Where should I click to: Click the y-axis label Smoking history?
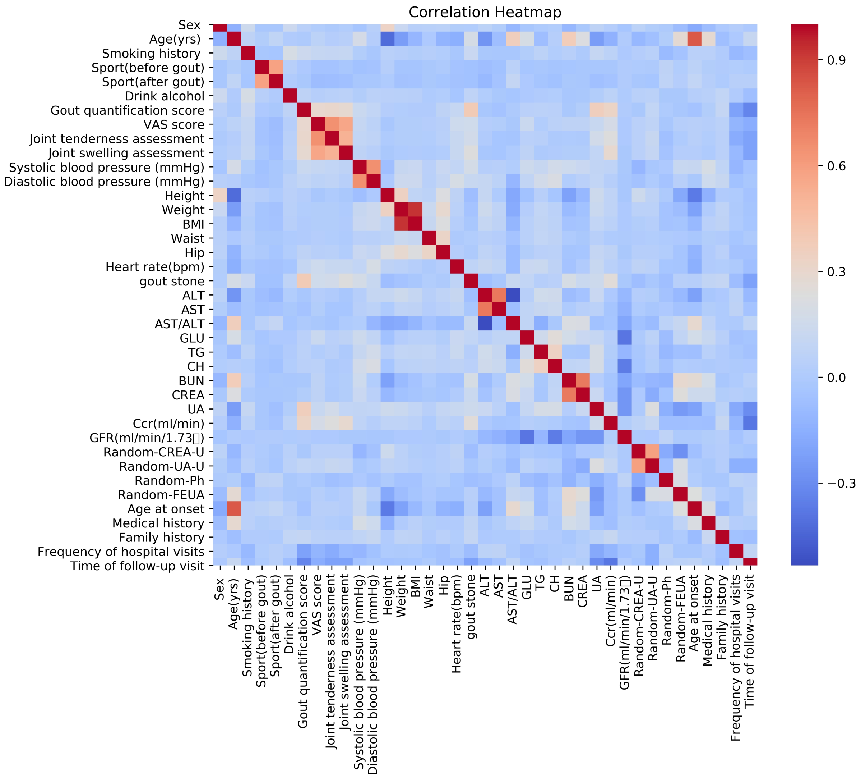(151, 54)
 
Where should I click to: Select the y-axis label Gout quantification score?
(127, 111)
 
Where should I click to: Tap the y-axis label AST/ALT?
(179, 324)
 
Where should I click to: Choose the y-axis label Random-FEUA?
(161, 495)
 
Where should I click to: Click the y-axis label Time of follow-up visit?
(137, 566)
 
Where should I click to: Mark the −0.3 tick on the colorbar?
(838, 483)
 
